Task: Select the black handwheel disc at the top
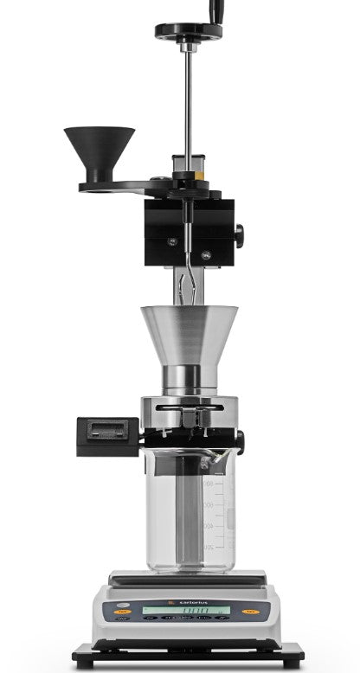(187, 32)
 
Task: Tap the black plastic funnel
(100, 147)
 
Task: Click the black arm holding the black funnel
(121, 185)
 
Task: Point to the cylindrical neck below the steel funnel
(187, 379)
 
